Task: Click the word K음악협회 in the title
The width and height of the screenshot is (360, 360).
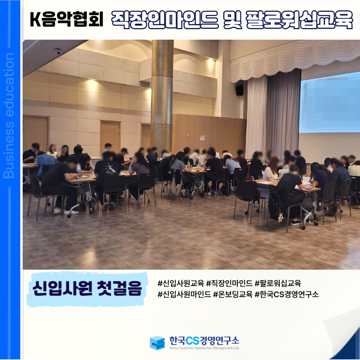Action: tap(67, 19)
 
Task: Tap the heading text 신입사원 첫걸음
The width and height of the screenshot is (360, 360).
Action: tap(87, 288)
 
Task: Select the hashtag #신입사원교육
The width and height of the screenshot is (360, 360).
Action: tap(181, 283)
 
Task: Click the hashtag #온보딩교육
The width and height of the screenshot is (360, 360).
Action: tap(233, 294)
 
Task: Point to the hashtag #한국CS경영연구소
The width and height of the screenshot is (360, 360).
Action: tap(287, 294)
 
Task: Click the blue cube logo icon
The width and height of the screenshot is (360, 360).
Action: tap(157, 343)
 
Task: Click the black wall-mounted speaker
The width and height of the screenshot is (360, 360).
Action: tap(239, 90)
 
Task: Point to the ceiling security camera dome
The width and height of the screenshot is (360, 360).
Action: tap(58, 51)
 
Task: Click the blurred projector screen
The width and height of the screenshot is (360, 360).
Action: tap(329, 103)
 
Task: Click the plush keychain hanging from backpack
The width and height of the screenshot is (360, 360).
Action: tap(280, 217)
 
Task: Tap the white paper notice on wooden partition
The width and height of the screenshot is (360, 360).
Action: tap(202, 138)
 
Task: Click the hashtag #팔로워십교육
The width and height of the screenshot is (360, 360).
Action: tap(278, 283)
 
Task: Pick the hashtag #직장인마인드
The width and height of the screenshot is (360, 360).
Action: tap(229, 283)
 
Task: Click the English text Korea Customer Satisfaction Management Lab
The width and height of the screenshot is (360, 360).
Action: tap(204, 348)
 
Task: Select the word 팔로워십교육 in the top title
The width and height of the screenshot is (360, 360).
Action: tap(299, 20)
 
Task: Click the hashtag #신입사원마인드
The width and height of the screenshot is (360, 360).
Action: tap(184, 294)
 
